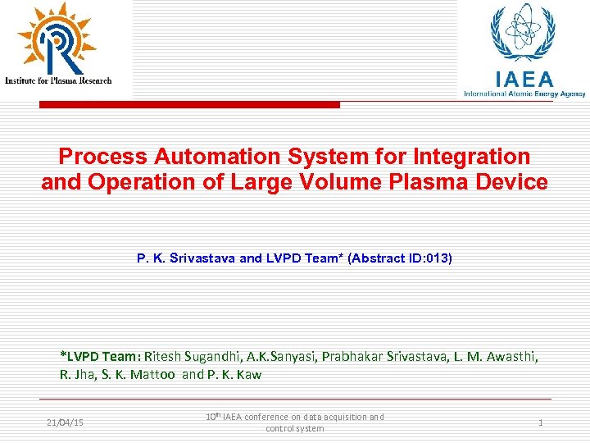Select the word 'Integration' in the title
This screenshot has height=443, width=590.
[473, 156]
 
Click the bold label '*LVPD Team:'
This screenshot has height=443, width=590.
[101, 357]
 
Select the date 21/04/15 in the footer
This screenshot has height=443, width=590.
[66, 422]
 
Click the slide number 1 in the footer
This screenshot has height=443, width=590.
[541, 422]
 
